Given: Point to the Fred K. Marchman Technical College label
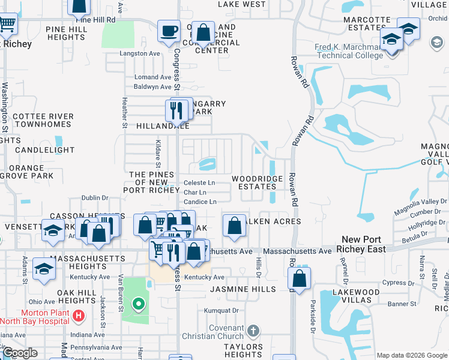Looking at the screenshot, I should pos(349,52).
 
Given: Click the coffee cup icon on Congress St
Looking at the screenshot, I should pos(169,31).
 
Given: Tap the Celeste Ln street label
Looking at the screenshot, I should pos(199,182).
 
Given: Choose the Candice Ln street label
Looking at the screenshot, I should pos(200,202).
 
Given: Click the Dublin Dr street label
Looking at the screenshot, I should pos(94,197).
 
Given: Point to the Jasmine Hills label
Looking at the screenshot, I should pos(243,289).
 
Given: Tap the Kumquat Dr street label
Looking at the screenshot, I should pos(221,311).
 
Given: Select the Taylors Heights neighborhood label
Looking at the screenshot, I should pos(244,351).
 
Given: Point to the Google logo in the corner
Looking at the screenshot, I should pos(20,353).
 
